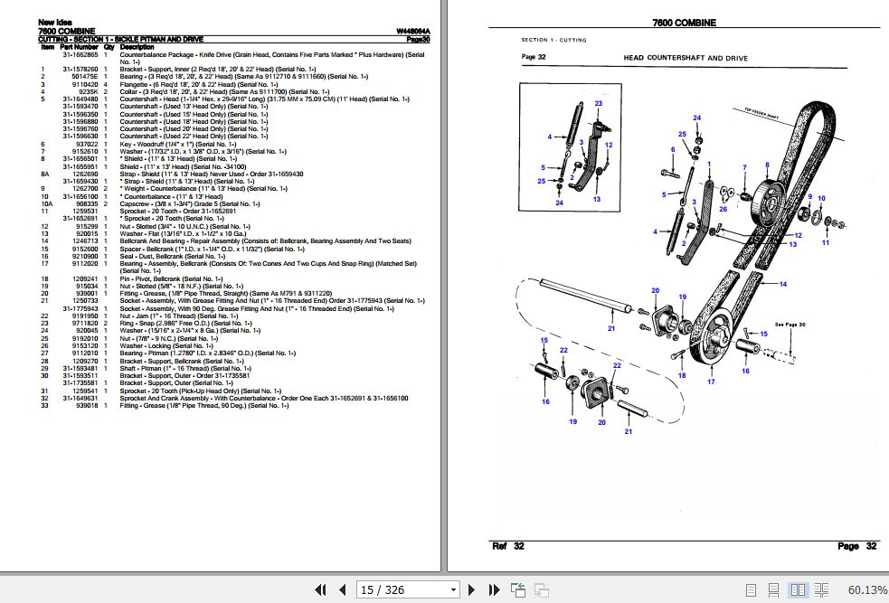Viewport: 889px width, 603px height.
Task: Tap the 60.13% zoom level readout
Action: click(867, 590)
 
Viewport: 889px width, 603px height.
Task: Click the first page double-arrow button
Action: click(320, 590)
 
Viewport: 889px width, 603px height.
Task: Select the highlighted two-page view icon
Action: click(798, 590)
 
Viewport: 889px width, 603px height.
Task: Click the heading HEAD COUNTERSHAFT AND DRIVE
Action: click(686, 58)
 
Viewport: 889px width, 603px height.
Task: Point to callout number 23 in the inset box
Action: click(598, 104)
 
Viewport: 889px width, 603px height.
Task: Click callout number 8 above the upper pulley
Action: click(768, 165)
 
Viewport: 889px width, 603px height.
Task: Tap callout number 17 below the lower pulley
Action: click(711, 382)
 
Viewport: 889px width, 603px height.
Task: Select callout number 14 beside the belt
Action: click(783, 284)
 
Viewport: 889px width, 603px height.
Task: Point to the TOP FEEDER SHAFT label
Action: click(761, 112)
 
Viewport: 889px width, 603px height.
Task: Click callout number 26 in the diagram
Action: click(723, 209)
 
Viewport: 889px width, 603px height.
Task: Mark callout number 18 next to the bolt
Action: click(681, 375)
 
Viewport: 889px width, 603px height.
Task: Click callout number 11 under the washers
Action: click(825, 243)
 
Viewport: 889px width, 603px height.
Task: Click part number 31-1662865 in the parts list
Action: click(80, 54)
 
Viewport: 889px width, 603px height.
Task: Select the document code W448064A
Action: click(412, 33)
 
